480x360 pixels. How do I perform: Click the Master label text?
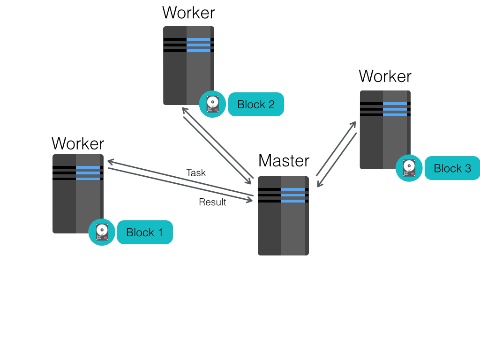click(x=284, y=161)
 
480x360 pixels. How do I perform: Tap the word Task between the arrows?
click(x=196, y=172)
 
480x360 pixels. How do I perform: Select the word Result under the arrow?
click(x=212, y=202)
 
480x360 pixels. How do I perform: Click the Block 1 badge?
click(x=145, y=232)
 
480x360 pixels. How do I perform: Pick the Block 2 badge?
click(x=256, y=104)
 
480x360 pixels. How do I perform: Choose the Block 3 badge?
click(x=452, y=168)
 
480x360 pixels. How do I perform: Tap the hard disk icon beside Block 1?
click(x=102, y=232)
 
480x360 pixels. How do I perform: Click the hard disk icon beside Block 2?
click(x=213, y=104)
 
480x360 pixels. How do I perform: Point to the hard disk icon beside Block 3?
click(x=409, y=168)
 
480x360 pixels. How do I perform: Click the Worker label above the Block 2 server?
click(x=188, y=12)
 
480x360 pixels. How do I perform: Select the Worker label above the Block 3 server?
click(x=385, y=76)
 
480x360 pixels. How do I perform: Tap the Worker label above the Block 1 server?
click(x=78, y=143)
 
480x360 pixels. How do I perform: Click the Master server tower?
click(x=283, y=220)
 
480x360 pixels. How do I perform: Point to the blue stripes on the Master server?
click(x=293, y=195)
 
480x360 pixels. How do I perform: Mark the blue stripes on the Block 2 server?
click(x=198, y=45)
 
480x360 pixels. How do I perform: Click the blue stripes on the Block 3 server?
click(x=395, y=109)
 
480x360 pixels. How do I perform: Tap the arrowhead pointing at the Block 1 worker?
click(x=111, y=162)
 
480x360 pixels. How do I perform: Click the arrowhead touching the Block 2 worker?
click(x=184, y=110)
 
